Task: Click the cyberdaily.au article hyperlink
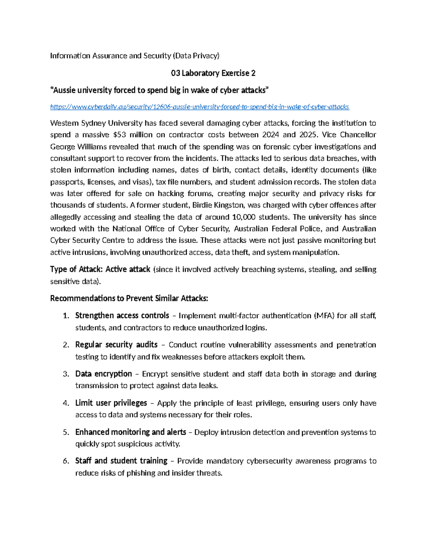click(x=199, y=107)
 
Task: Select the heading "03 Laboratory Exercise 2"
click(x=213, y=73)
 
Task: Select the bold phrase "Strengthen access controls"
click(x=122, y=315)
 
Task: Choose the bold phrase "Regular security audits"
click(x=116, y=345)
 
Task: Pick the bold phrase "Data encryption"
click(x=104, y=374)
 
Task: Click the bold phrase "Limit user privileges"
click(x=111, y=403)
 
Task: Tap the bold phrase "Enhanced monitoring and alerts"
click(x=131, y=432)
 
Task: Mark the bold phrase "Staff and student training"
click(x=121, y=461)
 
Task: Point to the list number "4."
click(x=66, y=403)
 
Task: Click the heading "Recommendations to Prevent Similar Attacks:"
click(x=129, y=298)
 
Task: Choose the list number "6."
click(x=66, y=461)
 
